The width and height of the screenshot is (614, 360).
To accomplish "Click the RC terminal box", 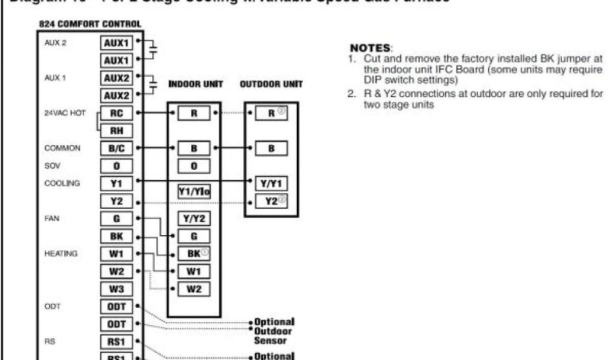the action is [116, 112].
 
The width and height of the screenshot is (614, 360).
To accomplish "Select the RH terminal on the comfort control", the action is [116, 130].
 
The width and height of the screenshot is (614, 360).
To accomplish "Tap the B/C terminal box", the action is [116, 148].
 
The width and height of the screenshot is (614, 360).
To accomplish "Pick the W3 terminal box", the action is [116, 289].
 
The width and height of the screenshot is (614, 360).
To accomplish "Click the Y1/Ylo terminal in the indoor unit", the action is [194, 192].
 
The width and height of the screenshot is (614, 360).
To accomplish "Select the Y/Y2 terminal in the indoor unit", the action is [194, 219].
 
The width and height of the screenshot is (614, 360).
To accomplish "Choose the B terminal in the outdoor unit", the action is [271, 148].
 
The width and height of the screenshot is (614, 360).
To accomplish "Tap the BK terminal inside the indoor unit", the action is [194, 254].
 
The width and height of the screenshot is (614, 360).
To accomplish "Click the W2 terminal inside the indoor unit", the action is [194, 289].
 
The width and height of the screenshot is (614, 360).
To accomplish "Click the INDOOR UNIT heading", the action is [195, 85].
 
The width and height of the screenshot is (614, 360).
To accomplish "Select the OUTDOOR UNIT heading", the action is [271, 85].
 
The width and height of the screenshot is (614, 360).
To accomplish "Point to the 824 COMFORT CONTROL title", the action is [90, 25].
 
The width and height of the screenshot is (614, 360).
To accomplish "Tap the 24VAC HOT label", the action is [65, 113].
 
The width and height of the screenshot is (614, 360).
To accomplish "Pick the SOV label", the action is [52, 166].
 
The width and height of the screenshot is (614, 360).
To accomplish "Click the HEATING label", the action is [61, 254].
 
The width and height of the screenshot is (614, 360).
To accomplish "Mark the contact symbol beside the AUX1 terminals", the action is [153, 51].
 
